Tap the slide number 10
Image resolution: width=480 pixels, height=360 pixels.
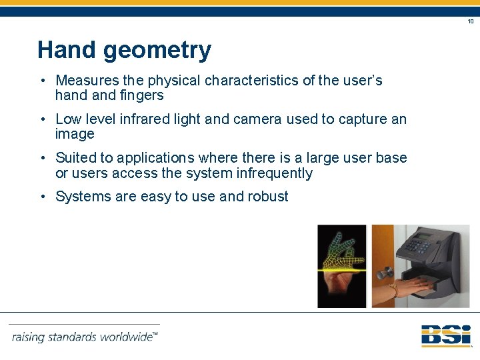[x=470, y=21]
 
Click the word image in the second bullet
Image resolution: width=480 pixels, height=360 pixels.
[x=75, y=134]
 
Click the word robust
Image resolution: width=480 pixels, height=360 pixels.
[x=268, y=197]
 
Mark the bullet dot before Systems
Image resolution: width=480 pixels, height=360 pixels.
[x=42, y=197]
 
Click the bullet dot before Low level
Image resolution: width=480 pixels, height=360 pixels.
[x=42, y=119]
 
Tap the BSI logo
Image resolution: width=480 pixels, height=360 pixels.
[x=445, y=335]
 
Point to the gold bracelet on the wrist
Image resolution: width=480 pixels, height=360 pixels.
[x=394, y=291]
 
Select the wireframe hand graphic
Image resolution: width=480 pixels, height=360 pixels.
[x=342, y=250]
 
